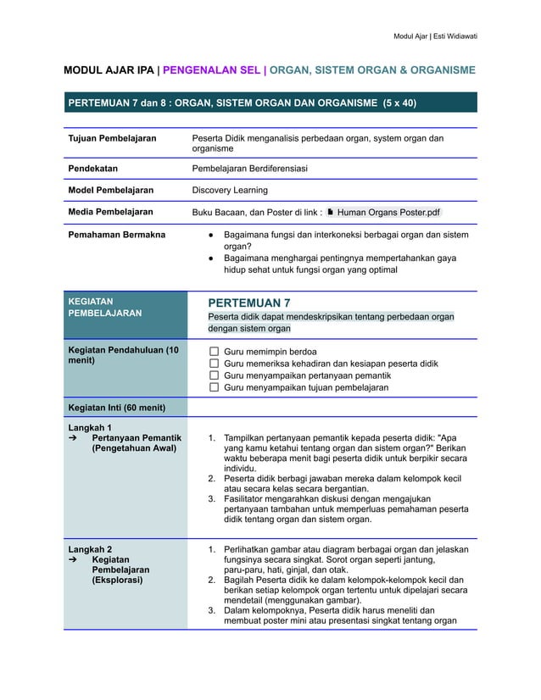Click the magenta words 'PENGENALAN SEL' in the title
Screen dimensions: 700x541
point(212,70)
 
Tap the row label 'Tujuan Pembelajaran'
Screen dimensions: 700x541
point(112,138)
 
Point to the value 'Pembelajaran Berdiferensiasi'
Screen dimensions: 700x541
point(249,169)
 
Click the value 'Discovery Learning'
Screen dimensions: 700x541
point(229,190)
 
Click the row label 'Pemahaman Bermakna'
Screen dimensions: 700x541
point(116,234)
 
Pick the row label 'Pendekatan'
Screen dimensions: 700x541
point(92,169)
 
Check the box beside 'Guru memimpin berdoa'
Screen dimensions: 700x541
point(214,351)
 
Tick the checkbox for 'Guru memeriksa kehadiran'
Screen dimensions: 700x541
point(214,364)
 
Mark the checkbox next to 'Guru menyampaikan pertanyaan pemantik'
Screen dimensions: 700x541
point(214,375)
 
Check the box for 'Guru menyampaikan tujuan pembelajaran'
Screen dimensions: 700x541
point(214,387)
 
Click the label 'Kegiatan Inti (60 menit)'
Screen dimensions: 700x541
point(116,408)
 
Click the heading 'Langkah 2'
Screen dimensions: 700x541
point(90,549)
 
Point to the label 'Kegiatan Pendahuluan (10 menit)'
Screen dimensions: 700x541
point(123,356)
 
